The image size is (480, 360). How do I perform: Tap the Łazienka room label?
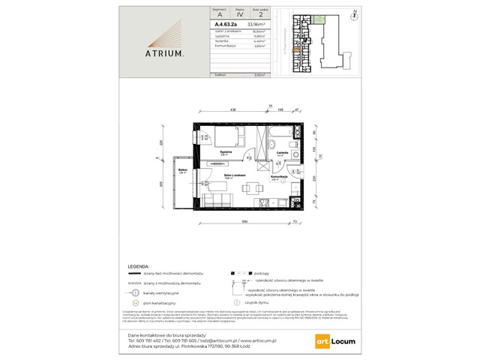pyautogui.click(x=283, y=152)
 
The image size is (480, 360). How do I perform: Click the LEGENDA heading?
pyautogui.click(x=136, y=265)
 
